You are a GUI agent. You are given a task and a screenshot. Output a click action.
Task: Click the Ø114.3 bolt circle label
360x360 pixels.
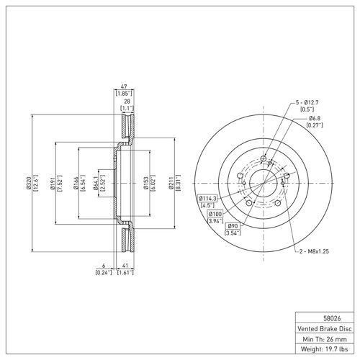(x=207, y=198)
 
